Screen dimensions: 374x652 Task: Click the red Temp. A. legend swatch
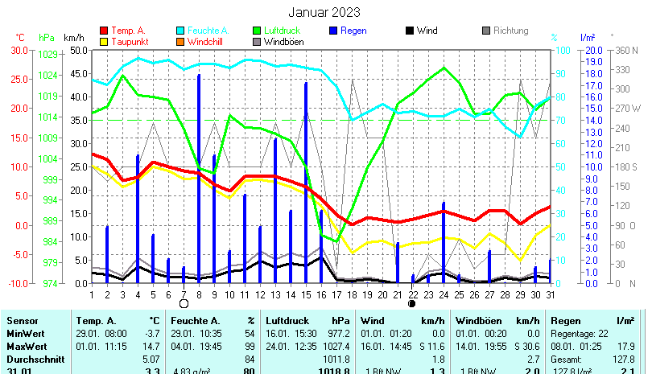pyautogui.click(x=104, y=31)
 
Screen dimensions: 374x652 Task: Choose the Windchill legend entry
pyautogui.click(x=208, y=42)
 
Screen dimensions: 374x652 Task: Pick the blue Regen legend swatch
pyautogui.click(x=334, y=31)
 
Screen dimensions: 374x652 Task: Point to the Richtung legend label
pyautogui.click(x=510, y=31)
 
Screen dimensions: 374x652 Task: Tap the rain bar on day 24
pyautogui.click(x=444, y=242)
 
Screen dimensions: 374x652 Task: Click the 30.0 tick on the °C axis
pyautogui.click(x=20, y=50)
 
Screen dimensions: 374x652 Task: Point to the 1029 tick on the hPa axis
pyautogui.click(x=47, y=54)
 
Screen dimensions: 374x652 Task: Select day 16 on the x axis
pyautogui.click(x=321, y=294)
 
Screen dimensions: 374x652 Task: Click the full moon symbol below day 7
pyautogui.click(x=184, y=303)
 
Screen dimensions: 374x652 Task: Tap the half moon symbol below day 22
pyautogui.click(x=412, y=303)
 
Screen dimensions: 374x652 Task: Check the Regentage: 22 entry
pyautogui.click(x=580, y=333)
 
